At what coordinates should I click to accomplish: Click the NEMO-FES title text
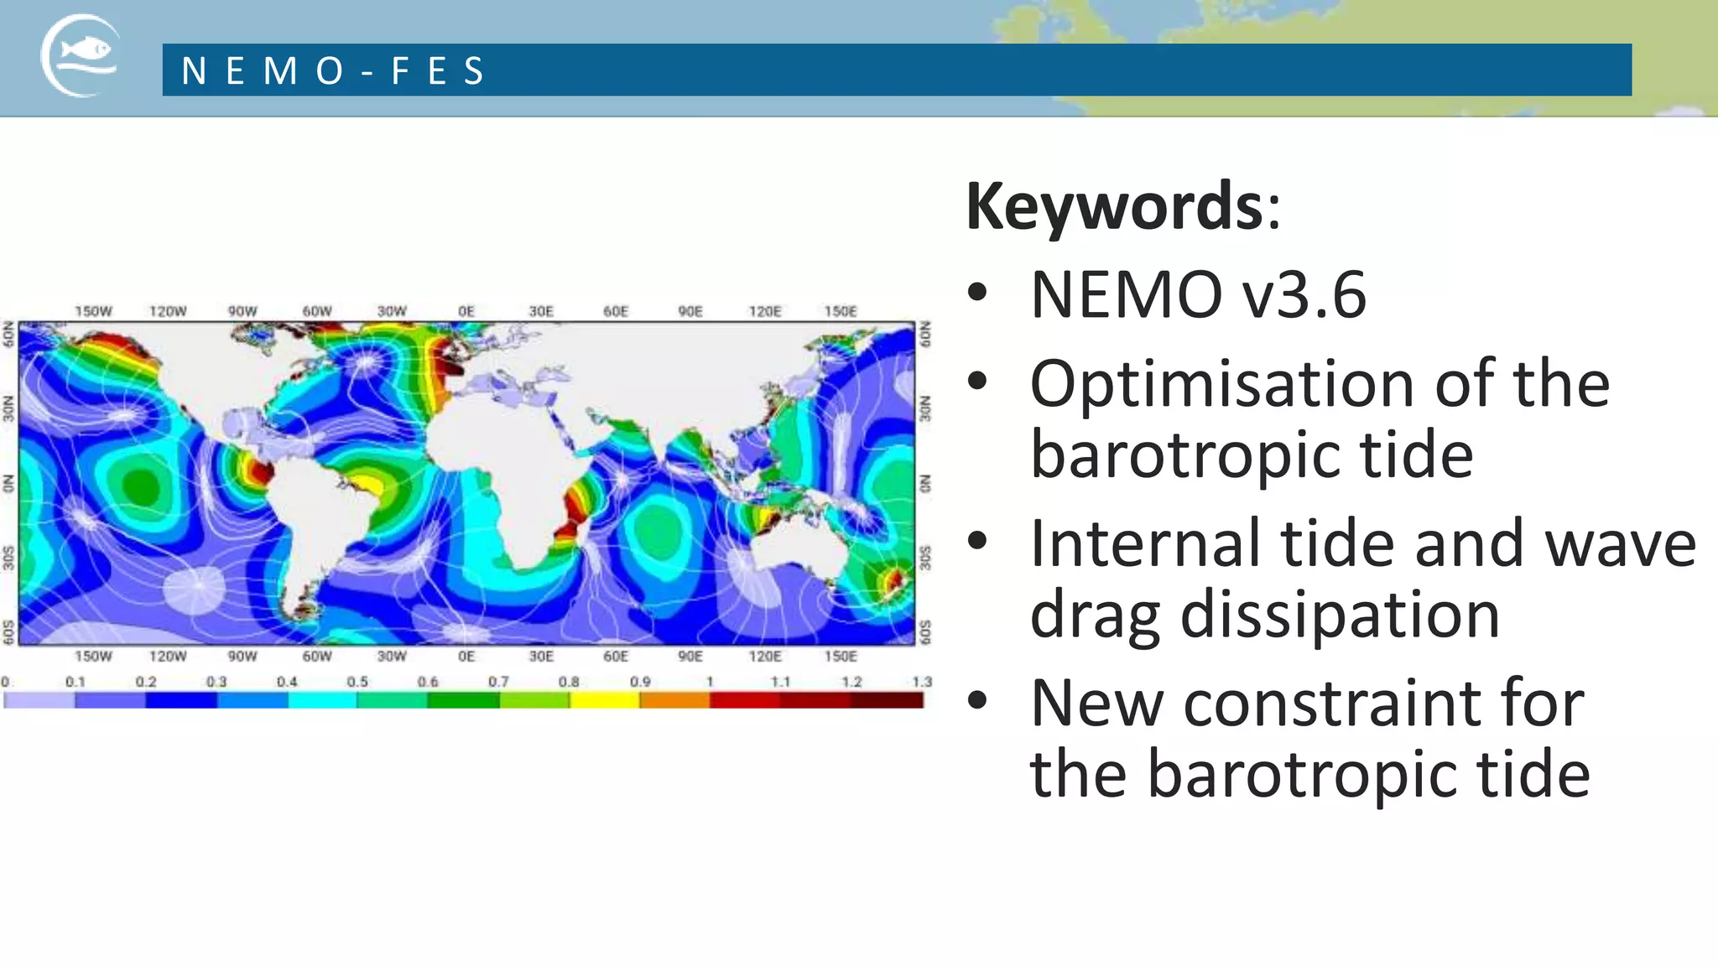coord(333,71)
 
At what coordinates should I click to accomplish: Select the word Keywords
coord(1113,206)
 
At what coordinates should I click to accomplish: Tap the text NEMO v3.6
coord(1198,295)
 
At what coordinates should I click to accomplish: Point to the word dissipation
coord(1340,615)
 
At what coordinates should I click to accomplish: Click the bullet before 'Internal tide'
coord(977,541)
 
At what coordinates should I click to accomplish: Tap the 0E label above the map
coord(466,311)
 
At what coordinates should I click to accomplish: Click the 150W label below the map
coord(93,656)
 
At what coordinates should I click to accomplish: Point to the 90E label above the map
coord(690,311)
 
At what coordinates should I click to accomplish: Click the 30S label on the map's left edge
coord(8,558)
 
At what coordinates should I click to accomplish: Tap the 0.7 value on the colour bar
coord(498,682)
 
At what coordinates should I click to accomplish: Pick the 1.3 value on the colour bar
coord(922,682)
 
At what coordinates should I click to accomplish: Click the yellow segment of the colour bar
coord(604,700)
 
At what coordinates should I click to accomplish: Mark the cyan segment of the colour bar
coord(322,700)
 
